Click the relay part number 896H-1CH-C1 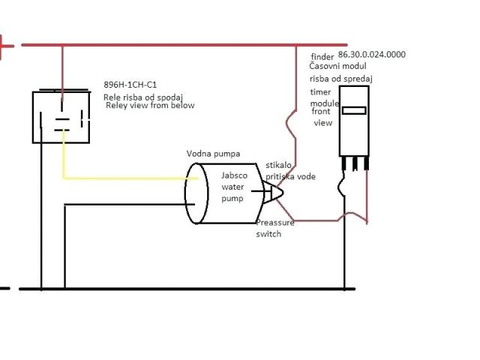[x=130, y=85]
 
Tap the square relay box [x=61, y=117]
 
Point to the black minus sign [x=4, y=288]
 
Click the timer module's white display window [x=353, y=110]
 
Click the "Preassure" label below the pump [x=275, y=223]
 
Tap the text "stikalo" [x=280, y=165]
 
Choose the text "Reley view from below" [x=151, y=106]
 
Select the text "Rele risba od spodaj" [x=143, y=96]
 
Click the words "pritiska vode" [x=290, y=176]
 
